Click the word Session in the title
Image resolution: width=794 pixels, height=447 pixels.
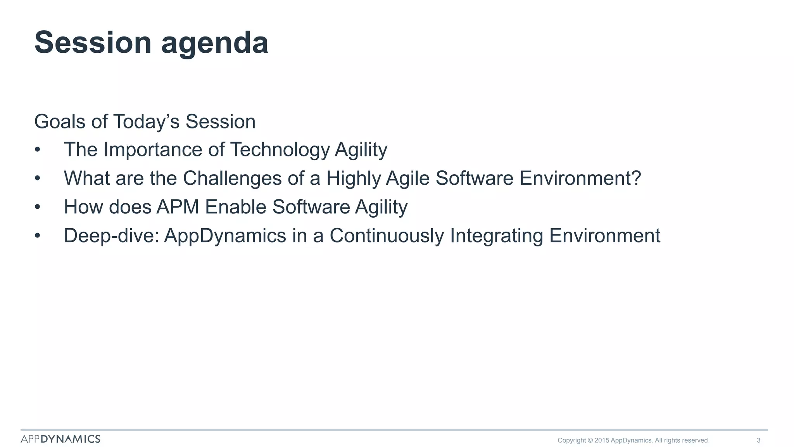93,43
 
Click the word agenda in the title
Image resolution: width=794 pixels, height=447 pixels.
214,43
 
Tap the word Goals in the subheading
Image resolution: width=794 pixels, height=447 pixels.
60,121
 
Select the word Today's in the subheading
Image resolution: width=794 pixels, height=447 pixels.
146,121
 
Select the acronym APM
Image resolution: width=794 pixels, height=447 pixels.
178,207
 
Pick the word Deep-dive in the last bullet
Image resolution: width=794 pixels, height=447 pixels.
111,236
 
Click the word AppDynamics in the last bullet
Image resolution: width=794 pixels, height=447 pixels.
225,236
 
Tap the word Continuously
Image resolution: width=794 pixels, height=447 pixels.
387,236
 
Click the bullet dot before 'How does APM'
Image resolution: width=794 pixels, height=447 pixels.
37,207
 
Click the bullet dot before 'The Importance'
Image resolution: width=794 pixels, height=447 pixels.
37,150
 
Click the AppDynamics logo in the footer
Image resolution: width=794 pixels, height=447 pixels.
60,439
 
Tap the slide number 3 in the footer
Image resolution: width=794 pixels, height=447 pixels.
758,440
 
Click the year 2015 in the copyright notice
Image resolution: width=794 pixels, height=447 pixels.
602,440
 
